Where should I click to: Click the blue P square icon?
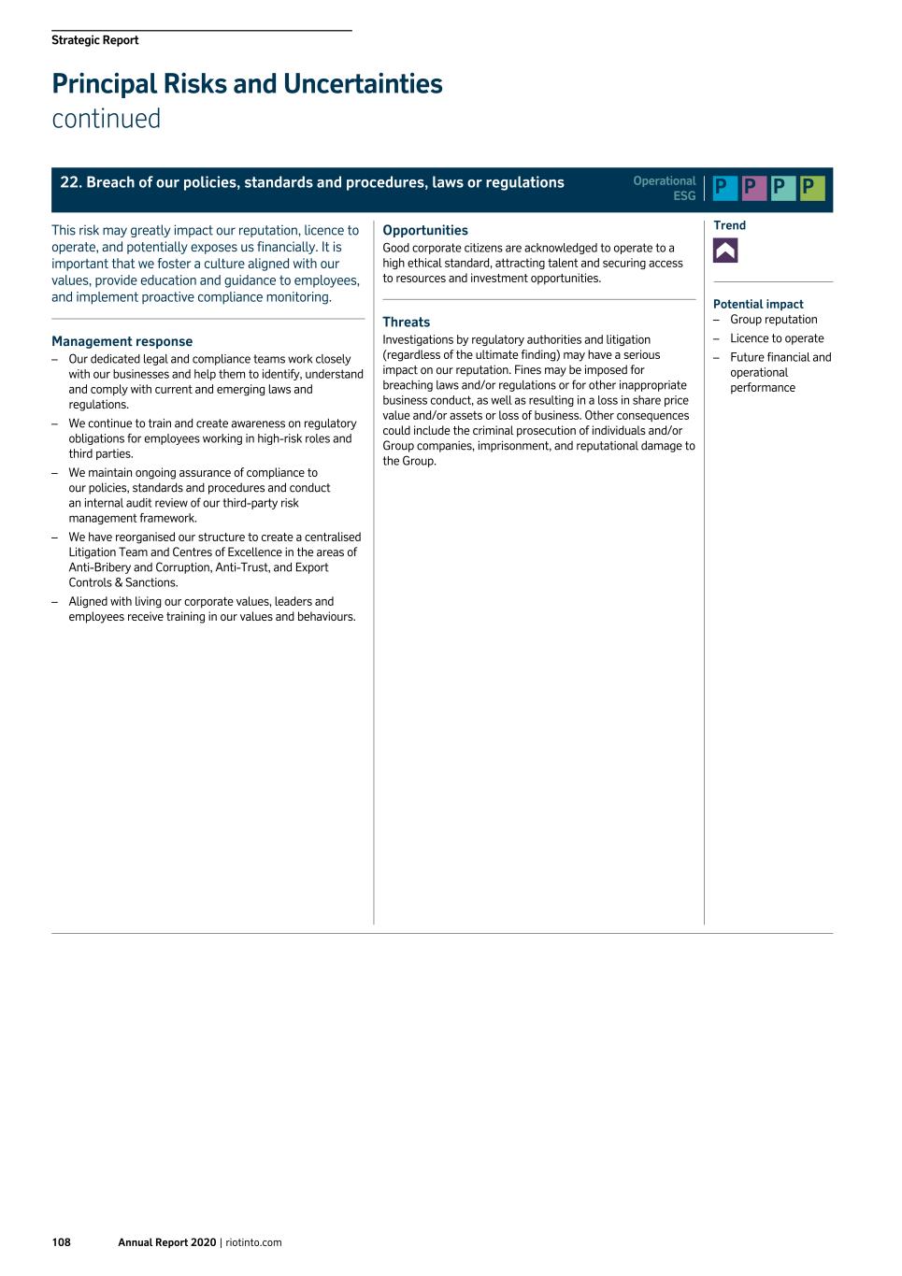725,189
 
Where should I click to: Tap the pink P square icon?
754,189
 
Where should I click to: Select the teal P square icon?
783,189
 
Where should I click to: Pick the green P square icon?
812,189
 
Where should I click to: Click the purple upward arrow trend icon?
725,251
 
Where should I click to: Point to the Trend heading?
729,225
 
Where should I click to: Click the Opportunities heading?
425,230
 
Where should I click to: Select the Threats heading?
407,322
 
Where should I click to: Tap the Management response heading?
122,341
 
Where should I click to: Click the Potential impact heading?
758,304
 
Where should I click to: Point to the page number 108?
61,1242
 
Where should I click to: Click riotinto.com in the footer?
253,1242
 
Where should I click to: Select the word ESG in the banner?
684,196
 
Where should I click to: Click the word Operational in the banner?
664,181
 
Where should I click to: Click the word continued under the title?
107,120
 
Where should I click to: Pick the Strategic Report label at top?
95,40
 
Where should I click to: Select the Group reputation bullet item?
773,320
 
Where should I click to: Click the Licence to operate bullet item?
777,338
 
